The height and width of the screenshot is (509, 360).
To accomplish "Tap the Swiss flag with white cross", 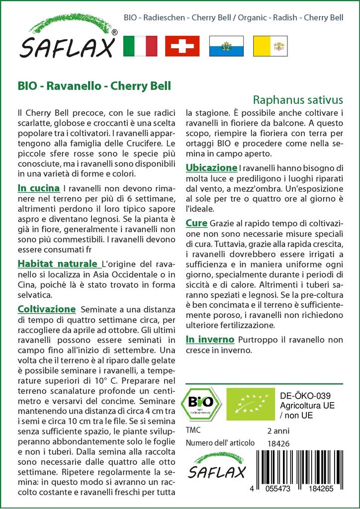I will click(182, 46).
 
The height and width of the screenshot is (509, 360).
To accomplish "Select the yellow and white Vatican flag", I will click(270, 46).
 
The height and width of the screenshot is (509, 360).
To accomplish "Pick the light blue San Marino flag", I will click(226, 46).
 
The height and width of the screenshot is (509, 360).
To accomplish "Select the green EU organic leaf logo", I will click(246, 404).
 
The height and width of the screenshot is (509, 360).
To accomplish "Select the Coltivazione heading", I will click(47, 309).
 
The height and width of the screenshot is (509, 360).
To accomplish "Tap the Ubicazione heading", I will click(211, 168).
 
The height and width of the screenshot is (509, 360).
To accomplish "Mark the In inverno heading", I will click(210, 339).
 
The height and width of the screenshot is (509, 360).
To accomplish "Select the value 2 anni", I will click(278, 430).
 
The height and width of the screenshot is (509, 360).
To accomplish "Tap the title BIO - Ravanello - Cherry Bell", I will click(94, 85).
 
